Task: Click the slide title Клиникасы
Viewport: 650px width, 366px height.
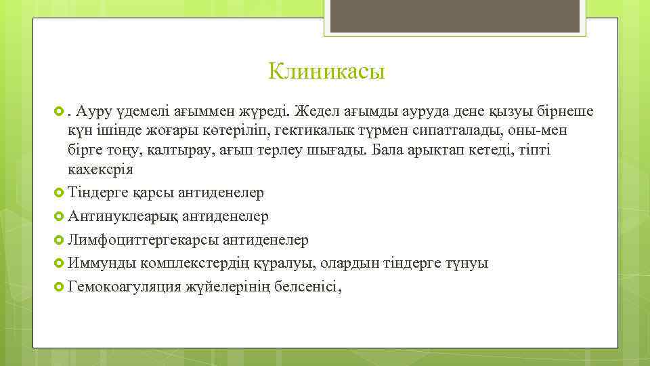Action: [326, 70]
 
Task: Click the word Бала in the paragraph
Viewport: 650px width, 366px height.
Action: [389, 150]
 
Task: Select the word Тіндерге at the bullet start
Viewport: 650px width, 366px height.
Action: [97, 192]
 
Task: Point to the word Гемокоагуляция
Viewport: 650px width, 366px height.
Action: [125, 287]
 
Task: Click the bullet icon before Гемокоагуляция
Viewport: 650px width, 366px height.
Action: [59, 286]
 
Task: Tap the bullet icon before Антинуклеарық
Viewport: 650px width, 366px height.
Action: [59, 216]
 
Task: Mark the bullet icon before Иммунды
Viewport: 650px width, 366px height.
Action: [59, 262]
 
